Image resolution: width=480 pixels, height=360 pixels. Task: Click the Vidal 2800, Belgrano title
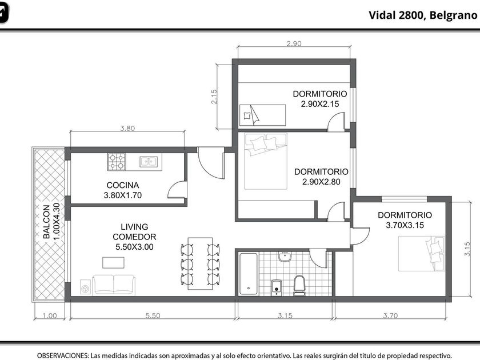point(423,15)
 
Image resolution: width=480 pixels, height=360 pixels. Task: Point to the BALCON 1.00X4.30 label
point(51,222)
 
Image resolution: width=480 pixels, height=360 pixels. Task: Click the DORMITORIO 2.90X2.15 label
point(320,99)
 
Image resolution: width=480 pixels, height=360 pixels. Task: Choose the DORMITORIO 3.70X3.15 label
point(405,220)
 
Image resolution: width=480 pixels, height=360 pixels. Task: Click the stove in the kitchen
point(117,162)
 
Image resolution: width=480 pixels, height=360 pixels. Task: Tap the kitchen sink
point(149,162)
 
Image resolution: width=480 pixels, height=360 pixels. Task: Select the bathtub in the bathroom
point(248,274)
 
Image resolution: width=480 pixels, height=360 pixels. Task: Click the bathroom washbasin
point(285,257)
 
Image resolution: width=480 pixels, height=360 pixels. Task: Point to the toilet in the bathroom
point(299,285)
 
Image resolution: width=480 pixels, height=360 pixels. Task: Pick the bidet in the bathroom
point(277,287)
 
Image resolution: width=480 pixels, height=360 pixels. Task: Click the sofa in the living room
point(114,285)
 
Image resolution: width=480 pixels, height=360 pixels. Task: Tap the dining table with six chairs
point(201,263)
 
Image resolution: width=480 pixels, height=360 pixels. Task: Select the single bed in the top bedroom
point(262,115)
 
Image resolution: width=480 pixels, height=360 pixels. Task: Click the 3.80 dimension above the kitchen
point(127,128)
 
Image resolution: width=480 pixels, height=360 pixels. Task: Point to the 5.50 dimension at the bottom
point(153,315)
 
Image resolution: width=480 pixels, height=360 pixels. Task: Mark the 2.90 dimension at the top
point(294,43)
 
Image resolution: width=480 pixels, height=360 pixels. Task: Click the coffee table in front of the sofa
point(113,263)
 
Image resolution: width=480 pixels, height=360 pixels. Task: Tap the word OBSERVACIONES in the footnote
point(63,355)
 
